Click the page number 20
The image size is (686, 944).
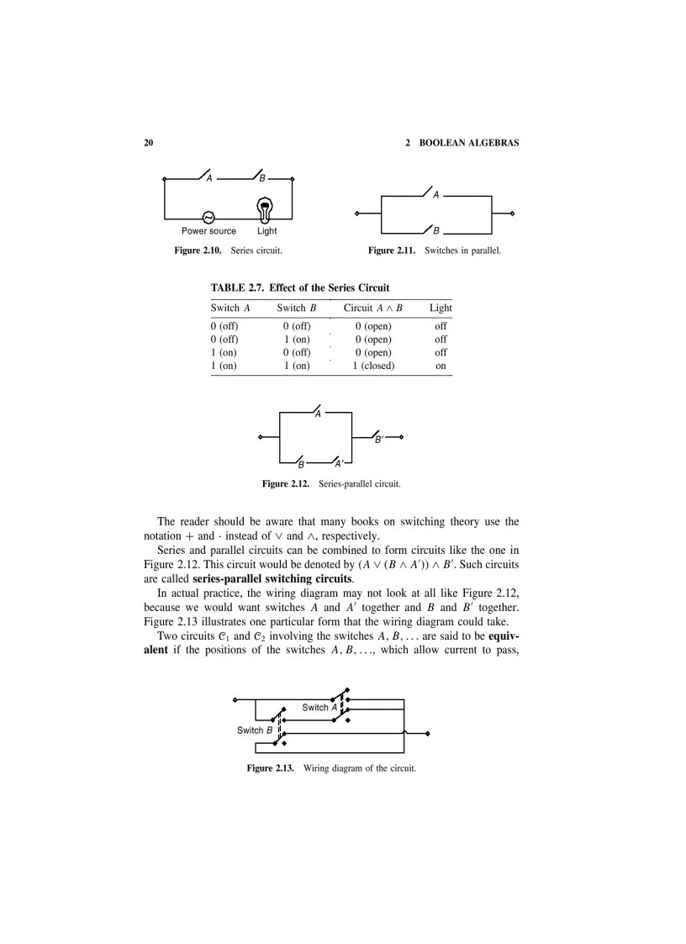tap(149, 143)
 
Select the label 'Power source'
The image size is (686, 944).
tap(208, 231)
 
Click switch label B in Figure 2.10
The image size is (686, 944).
tap(262, 179)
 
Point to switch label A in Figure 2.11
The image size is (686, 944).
tap(436, 196)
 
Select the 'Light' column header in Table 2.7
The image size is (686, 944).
tap(441, 308)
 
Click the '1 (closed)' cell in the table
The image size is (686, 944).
tap(373, 366)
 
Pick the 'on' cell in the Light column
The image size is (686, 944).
tap(441, 366)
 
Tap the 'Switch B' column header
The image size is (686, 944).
tap(296, 308)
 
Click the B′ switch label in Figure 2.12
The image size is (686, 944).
tap(379, 440)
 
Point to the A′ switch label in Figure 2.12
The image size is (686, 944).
tap(338, 464)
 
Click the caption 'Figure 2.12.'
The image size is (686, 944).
tap(287, 484)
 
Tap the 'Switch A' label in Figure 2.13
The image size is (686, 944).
tap(319, 707)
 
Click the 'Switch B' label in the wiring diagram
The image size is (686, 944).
tap(255, 730)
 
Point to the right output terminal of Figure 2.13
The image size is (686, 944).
tap(428, 734)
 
